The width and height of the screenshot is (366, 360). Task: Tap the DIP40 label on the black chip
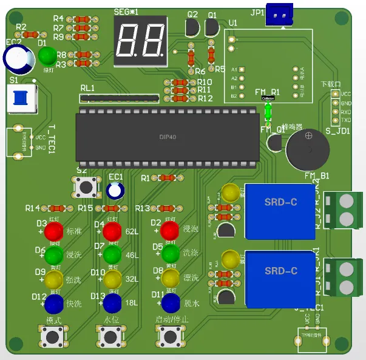[168, 137]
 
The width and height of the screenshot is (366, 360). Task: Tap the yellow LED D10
[112, 280]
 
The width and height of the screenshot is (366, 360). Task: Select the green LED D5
[171, 254]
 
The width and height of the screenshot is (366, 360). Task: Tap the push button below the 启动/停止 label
[169, 335]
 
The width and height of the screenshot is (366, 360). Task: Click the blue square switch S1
[21, 98]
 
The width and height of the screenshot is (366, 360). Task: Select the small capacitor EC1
[115, 191]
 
